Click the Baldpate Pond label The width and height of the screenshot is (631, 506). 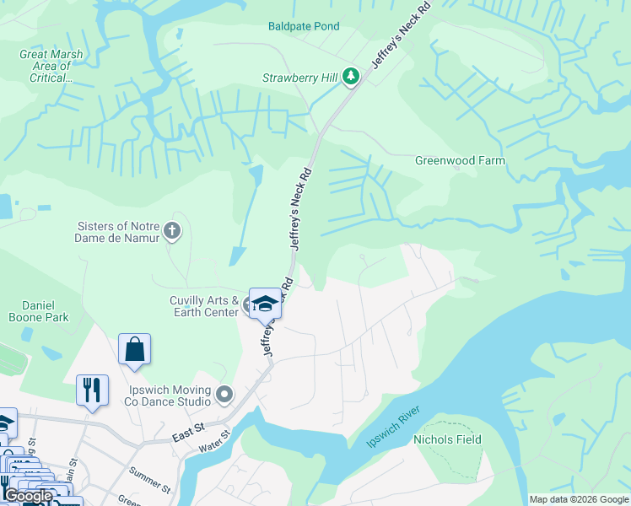tap(304, 26)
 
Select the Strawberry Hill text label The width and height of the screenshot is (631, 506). tap(299, 78)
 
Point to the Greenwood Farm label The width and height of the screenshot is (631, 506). tap(460, 160)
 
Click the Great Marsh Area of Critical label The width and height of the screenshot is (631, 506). tap(51, 66)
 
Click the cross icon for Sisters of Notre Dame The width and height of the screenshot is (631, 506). tap(172, 230)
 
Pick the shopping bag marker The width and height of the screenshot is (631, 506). tap(135, 348)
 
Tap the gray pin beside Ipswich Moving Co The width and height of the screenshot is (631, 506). tap(224, 394)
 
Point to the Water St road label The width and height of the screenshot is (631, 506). tap(215, 442)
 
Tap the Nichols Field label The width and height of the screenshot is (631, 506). tap(447, 439)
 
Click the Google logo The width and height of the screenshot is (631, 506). tap(28, 496)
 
